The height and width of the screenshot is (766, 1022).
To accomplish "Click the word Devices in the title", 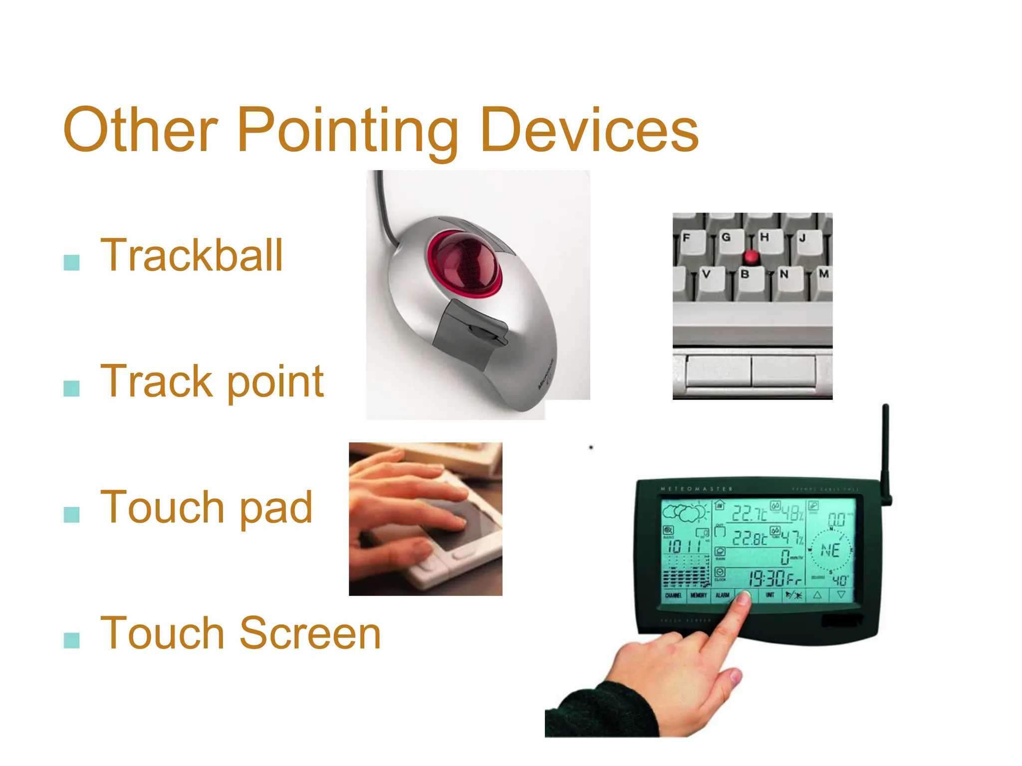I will [589, 131].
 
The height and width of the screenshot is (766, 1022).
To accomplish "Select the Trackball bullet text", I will [192, 255].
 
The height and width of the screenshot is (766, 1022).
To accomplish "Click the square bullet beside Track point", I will [72, 388].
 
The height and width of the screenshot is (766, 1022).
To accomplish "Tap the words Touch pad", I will [207, 508].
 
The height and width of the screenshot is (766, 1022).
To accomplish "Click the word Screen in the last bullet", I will [310, 633].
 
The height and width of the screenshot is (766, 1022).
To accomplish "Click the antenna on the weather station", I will [886, 449].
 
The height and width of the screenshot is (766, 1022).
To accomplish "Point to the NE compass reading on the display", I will [830, 551].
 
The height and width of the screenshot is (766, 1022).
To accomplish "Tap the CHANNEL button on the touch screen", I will [673, 595].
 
